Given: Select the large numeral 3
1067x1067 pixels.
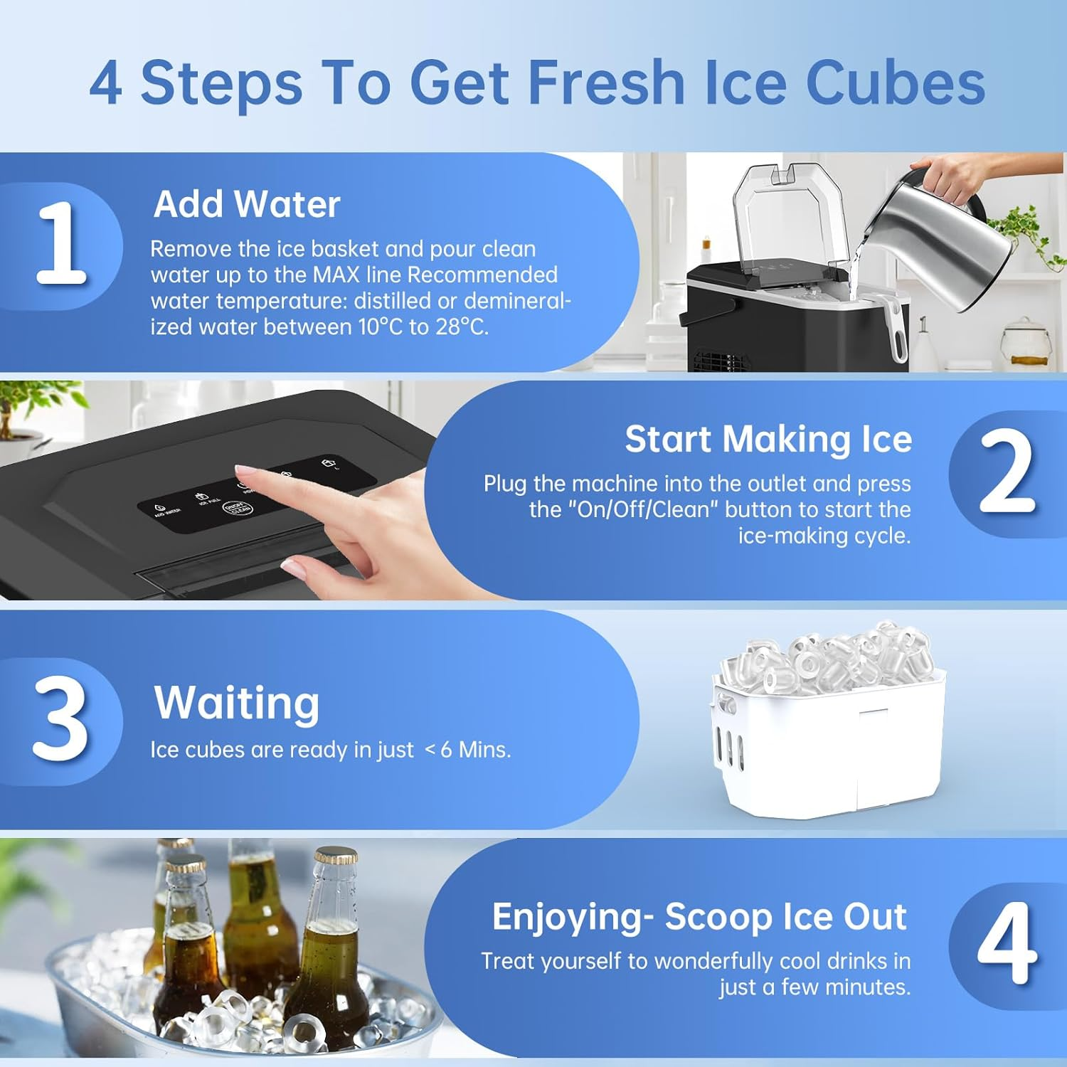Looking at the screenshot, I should [x=61, y=718].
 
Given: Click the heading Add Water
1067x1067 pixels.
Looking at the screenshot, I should [x=247, y=204].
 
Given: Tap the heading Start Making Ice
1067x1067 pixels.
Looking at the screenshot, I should [x=768, y=439].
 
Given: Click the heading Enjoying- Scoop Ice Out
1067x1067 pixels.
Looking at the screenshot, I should [x=699, y=917].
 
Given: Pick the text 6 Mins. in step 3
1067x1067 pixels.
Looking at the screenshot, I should [x=475, y=750].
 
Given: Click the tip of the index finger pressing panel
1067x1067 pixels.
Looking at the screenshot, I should [x=242, y=469].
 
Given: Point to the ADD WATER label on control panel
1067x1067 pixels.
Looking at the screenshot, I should [x=168, y=511].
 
